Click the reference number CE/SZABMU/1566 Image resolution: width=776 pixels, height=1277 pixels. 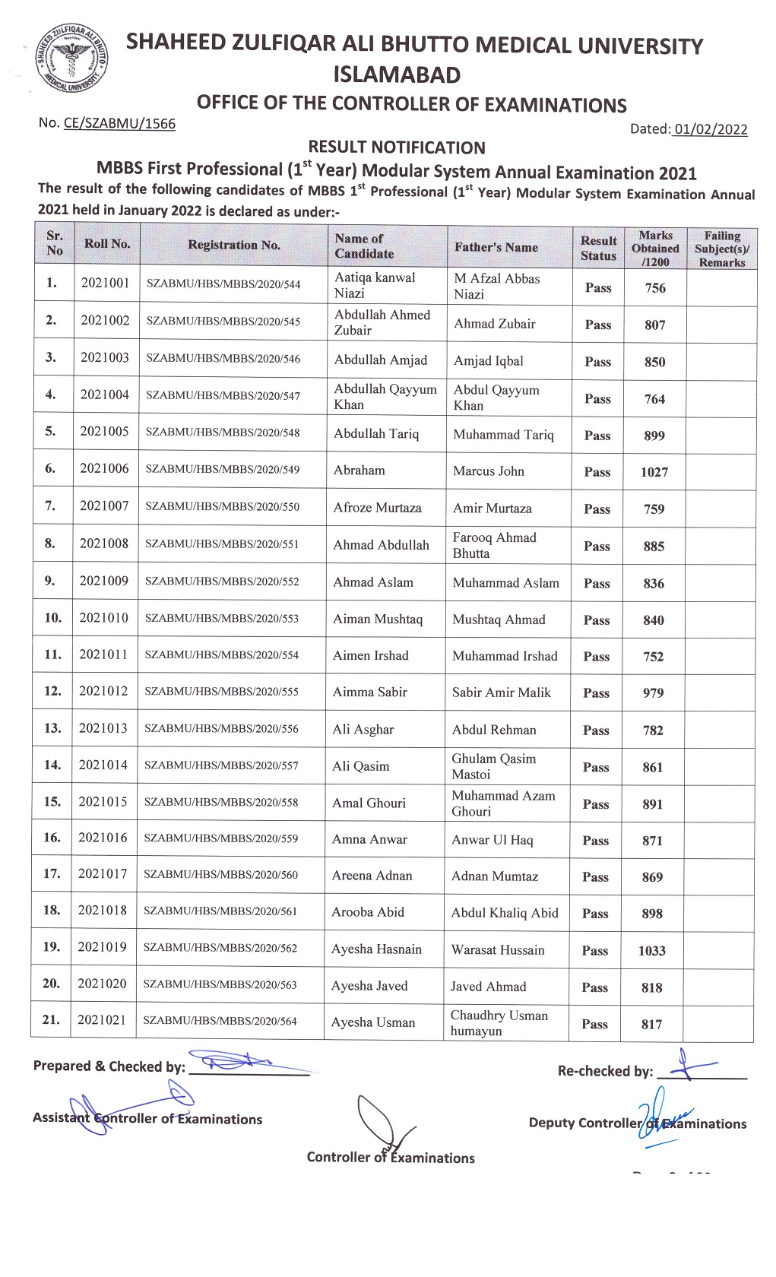(119, 123)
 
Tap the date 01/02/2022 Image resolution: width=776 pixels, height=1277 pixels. (710, 129)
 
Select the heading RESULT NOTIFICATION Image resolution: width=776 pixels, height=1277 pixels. (396, 147)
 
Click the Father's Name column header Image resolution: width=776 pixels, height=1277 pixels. (496, 247)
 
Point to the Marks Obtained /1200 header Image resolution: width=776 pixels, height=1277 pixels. (655, 249)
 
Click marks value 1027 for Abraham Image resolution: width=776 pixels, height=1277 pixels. (654, 472)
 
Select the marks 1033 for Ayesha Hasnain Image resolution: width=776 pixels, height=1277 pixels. (651, 951)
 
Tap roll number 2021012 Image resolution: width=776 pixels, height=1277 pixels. (103, 691)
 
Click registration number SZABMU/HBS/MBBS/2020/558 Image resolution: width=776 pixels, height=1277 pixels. (221, 802)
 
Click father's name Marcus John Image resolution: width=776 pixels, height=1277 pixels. (489, 471)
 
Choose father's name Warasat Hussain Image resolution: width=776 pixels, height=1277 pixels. (498, 949)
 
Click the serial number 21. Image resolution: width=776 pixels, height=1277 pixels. (51, 1020)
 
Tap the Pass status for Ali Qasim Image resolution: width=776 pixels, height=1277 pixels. (596, 768)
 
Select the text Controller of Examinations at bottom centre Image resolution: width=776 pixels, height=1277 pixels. (391, 1158)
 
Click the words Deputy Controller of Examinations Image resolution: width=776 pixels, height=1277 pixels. (638, 1123)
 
